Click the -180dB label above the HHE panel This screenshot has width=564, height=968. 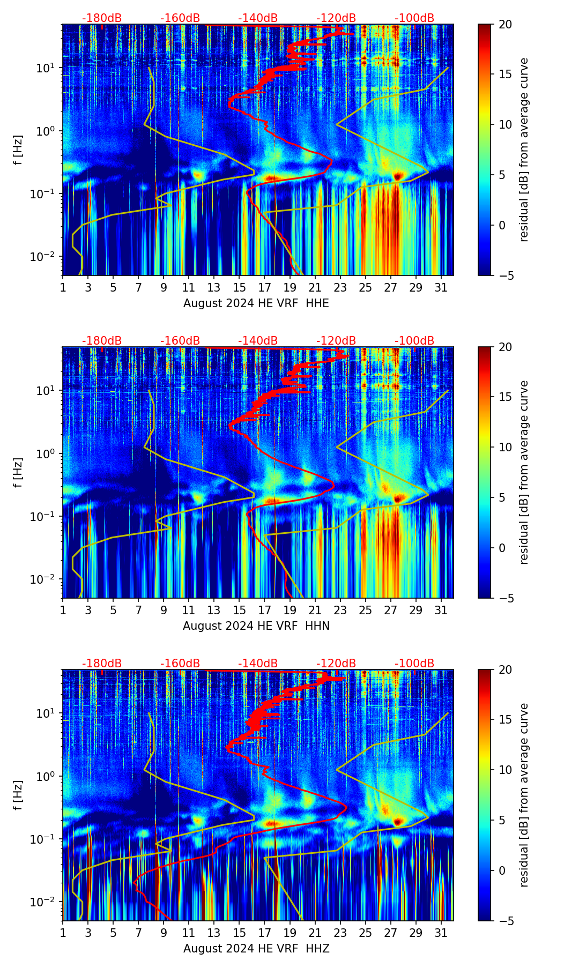[102, 18]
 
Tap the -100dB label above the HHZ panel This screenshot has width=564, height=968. [414, 664]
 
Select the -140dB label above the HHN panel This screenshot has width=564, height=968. [258, 341]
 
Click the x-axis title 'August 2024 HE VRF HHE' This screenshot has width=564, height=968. [256, 303]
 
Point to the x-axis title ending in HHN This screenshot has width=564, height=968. [256, 626]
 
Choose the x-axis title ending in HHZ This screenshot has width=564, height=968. [256, 949]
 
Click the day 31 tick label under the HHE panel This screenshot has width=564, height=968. [441, 288]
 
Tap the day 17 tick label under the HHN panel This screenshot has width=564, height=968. [264, 610]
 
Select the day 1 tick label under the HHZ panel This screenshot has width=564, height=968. [63, 933]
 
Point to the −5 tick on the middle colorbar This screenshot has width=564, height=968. [502, 598]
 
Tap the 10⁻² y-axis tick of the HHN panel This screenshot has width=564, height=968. [43, 579]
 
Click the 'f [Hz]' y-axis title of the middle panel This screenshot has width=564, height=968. [19, 472]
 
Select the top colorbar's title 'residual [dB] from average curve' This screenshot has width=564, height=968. [524, 150]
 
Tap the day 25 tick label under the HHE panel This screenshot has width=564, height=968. [365, 288]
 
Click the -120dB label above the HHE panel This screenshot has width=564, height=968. [336, 18]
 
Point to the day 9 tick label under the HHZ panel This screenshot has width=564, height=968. [164, 933]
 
